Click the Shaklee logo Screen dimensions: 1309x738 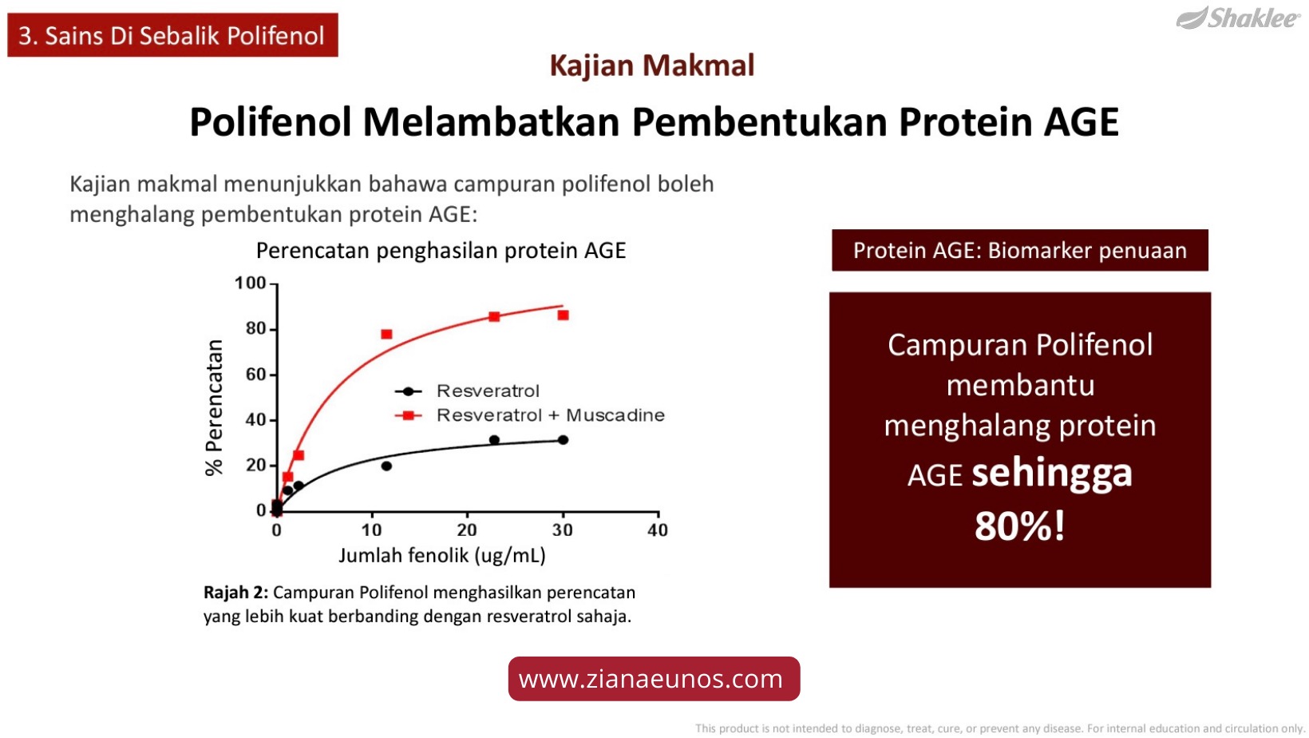point(1238,18)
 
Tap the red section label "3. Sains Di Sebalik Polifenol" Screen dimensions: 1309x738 point(172,35)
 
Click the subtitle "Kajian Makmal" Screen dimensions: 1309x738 point(651,65)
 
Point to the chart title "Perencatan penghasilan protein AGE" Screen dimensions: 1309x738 point(441,250)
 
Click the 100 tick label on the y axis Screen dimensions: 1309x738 point(250,283)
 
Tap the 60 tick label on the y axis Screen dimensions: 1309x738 point(256,375)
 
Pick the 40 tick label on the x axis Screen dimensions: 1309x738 point(658,530)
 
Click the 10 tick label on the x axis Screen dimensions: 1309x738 point(372,530)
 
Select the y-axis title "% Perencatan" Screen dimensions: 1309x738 point(215,407)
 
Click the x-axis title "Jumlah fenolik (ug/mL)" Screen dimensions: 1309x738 point(442,555)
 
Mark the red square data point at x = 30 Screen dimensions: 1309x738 point(564,315)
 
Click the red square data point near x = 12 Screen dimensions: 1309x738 point(386,334)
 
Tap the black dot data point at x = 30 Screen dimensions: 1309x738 point(563,440)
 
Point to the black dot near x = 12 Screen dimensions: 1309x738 point(386,466)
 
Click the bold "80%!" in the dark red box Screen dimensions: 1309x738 point(1020,526)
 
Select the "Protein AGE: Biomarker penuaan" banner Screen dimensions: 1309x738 point(1020,250)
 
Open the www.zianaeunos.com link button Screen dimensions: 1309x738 point(654,679)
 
